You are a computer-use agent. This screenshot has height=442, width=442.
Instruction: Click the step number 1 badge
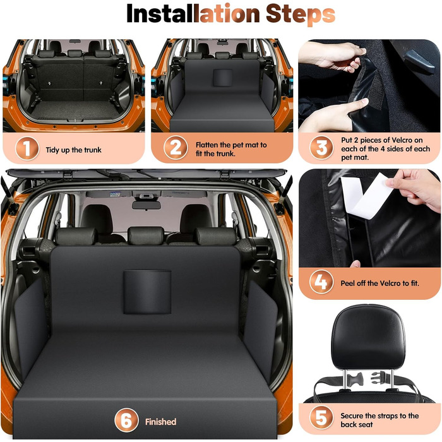click(x=27, y=148)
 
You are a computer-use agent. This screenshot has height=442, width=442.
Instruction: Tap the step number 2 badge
click(x=175, y=148)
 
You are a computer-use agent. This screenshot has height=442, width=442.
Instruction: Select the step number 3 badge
click(x=321, y=148)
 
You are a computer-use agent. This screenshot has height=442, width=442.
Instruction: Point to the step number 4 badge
click(x=321, y=282)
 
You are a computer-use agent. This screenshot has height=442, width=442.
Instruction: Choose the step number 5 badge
click(x=321, y=417)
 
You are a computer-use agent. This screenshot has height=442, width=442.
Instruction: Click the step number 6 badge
click(x=126, y=420)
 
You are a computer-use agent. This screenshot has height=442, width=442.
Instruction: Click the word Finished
click(x=160, y=422)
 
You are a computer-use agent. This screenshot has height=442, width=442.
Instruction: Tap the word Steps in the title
click(x=301, y=14)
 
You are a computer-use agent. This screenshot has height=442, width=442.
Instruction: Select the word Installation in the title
click(x=193, y=13)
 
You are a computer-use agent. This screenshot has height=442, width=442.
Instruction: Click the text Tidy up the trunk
click(x=74, y=150)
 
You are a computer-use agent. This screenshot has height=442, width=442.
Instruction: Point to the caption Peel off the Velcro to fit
click(x=379, y=283)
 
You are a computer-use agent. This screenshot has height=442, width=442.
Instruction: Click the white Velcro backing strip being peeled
click(x=366, y=196)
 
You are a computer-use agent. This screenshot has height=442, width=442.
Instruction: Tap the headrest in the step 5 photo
click(x=368, y=337)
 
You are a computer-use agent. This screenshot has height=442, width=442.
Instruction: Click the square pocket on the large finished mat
click(x=147, y=292)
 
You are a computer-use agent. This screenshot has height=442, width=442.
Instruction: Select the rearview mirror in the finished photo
click(x=146, y=205)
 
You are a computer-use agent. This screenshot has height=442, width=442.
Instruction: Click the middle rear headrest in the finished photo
click(x=146, y=236)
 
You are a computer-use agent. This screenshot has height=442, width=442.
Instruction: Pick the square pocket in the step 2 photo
click(x=223, y=78)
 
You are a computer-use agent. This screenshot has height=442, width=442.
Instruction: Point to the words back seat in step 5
click(x=357, y=424)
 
